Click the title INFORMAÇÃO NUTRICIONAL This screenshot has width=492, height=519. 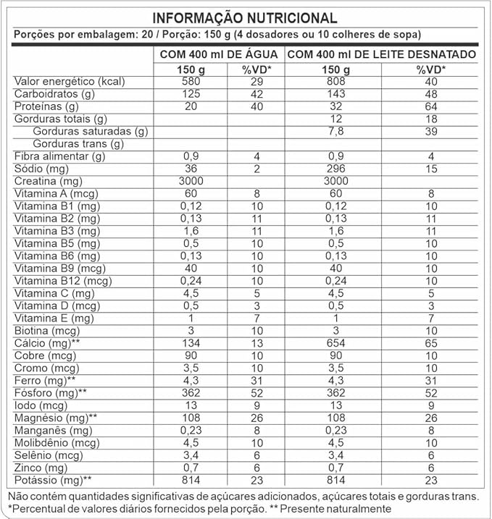246,18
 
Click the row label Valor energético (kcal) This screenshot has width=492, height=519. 70,81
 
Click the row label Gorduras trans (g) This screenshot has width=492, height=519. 79,143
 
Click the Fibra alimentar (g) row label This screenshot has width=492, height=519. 59,156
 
